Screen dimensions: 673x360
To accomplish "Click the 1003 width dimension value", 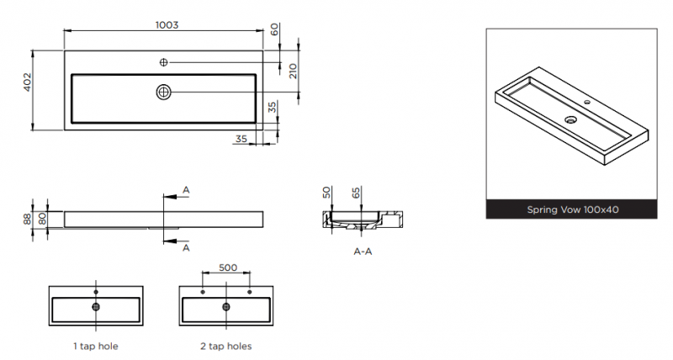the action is (167, 25).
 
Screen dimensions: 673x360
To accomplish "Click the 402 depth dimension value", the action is (27, 82).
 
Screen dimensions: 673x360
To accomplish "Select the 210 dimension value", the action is (293, 71).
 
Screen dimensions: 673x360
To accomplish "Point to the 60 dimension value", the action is (274, 29).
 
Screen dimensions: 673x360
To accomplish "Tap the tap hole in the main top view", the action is (163, 62).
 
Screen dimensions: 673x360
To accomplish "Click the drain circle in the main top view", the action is (163, 92).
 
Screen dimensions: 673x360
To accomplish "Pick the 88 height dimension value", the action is (28, 219).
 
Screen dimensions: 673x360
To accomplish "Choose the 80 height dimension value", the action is (41, 220).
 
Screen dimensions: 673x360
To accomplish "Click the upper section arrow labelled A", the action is (176, 197).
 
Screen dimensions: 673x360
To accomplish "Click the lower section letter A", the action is (186, 248).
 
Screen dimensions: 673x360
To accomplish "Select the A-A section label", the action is (363, 251).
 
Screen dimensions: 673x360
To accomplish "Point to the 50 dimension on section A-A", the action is (326, 192).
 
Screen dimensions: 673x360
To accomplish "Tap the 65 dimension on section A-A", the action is (356, 193).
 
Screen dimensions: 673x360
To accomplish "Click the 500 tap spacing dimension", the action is (228, 267).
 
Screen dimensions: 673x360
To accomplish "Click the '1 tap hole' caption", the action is (96, 347).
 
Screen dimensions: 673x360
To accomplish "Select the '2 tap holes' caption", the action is (225, 347).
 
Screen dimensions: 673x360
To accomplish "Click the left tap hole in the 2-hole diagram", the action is (203, 292).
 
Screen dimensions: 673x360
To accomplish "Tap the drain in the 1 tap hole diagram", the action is (96, 307).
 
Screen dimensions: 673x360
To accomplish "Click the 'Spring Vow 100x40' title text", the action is (573, 209).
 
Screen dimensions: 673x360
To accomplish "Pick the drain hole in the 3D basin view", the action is (570, 119).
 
